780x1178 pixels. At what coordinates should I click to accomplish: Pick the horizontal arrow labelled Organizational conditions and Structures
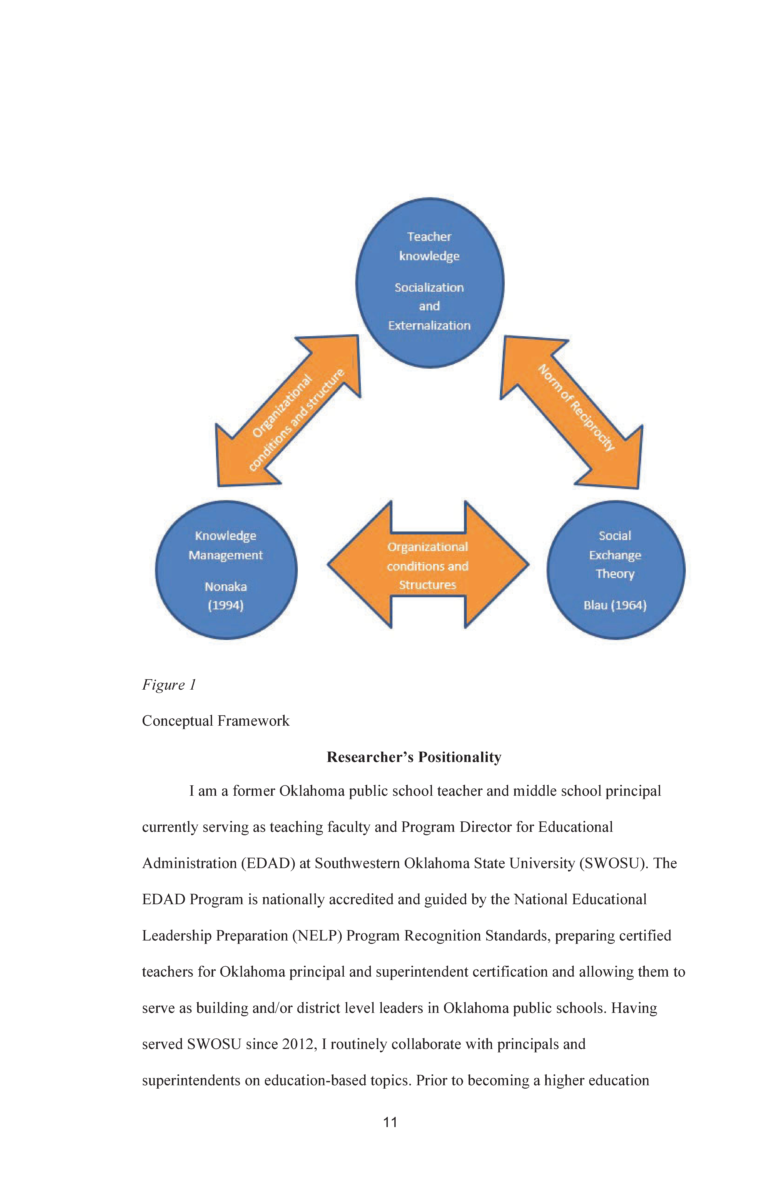coord(428,565)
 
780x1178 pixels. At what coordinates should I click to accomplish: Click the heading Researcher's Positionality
coord(414,757)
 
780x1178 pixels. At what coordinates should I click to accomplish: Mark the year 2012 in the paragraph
coord(299,1044)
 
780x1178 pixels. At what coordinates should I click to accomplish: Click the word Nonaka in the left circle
coord(226,586)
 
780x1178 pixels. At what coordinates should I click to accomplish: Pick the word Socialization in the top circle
coord(429,288)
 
